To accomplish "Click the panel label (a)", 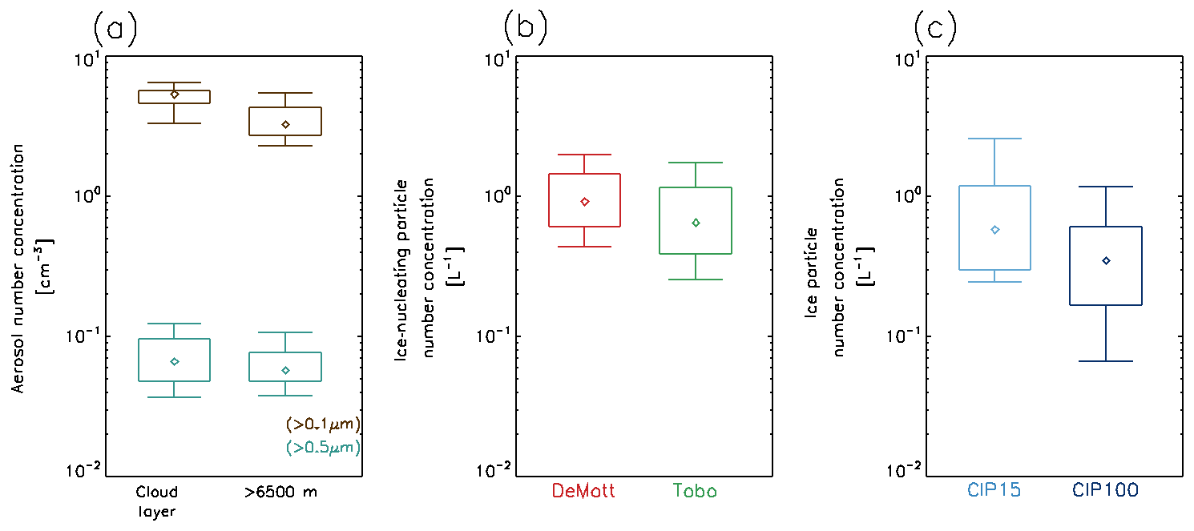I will click(115, 30).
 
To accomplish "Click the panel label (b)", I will click(525, 30).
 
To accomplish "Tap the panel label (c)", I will click(935, 30).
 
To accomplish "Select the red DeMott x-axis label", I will click(584, 491).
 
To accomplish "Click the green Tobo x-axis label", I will click(696, 491).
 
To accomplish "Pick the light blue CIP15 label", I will click(994, 491).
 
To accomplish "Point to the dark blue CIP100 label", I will click(1106, 491).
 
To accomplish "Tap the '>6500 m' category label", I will click(281, 491).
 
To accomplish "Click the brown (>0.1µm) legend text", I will click(323, 424).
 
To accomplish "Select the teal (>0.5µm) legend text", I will click(323, 446).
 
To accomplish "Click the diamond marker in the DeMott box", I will click(585, 202).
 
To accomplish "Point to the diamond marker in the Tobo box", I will click(696, 223).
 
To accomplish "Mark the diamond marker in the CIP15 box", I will click(995, 230).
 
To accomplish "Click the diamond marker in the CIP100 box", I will click(1106, 260).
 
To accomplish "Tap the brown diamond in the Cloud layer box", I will click(175, 95).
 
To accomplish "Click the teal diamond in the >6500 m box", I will click(285, 370).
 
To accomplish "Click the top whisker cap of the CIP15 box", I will click(995, 139).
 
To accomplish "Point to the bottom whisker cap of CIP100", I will click(1106, 361).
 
